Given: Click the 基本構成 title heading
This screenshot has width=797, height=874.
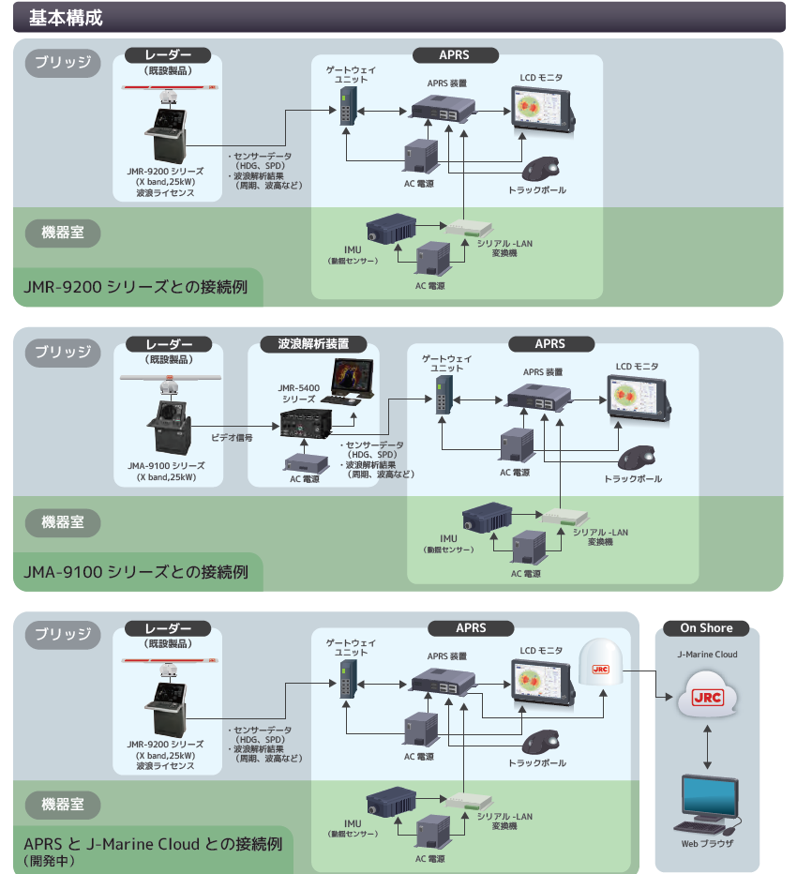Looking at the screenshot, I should tap(66, 17).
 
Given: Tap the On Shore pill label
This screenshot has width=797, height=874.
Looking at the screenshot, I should tap(706, 628).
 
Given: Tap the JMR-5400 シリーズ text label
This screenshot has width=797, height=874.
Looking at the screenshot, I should tap(299, 393).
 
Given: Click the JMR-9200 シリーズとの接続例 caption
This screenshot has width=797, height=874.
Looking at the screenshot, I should tap(137, 287).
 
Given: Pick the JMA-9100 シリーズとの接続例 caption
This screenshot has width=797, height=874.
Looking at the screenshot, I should tap(137, 571).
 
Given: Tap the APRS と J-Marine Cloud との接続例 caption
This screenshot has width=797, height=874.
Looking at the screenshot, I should tap(153, 843).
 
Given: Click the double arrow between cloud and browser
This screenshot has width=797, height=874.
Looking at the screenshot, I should tap(706, 745).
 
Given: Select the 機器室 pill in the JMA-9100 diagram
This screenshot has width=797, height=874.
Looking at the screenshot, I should tap(63, 521).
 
